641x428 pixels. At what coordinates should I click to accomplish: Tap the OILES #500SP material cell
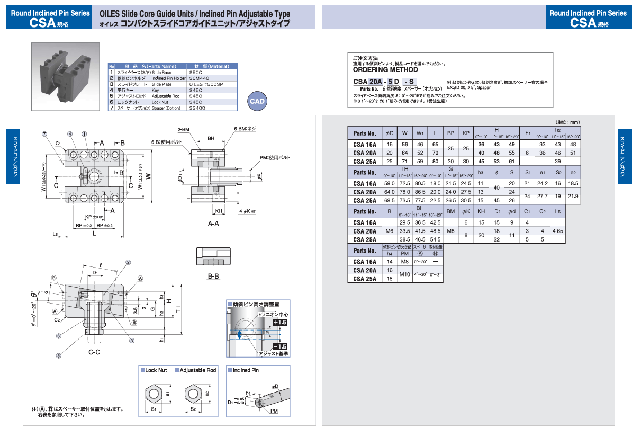click(206, 84)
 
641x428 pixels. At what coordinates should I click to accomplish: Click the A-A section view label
click(213, 224)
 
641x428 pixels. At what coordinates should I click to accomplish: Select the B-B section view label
click(214, 276)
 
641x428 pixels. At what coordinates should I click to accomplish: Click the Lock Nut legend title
click(156, 370)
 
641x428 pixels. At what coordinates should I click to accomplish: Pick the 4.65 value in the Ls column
click(557, 231)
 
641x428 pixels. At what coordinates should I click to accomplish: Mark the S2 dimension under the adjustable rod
click(193, 409)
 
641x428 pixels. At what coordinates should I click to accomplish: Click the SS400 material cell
click(197, 108)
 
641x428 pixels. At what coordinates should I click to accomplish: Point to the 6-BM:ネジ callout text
click(245, 129)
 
